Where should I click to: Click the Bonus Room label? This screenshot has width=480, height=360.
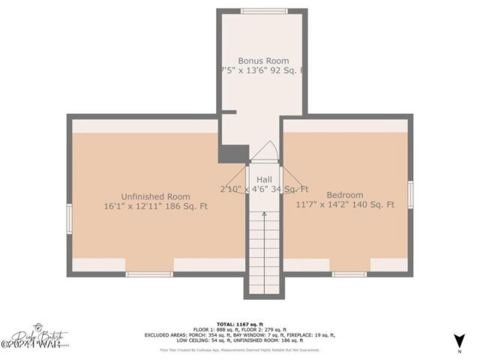(263, 61)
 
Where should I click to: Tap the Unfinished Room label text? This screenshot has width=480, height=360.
(156, 197)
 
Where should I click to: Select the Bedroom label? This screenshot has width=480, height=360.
(345, 195)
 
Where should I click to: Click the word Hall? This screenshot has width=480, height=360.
(264, 179)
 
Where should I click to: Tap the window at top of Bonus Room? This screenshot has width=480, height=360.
(264, 11)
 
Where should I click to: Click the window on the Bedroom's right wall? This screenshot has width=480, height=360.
(410, 195)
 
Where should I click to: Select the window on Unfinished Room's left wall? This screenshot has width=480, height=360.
(69, 218)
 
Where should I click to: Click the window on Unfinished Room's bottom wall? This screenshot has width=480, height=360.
(149, 274)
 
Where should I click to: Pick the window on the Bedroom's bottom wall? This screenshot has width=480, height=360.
(349, 274)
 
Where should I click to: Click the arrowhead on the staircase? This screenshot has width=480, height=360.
(264, 214)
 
